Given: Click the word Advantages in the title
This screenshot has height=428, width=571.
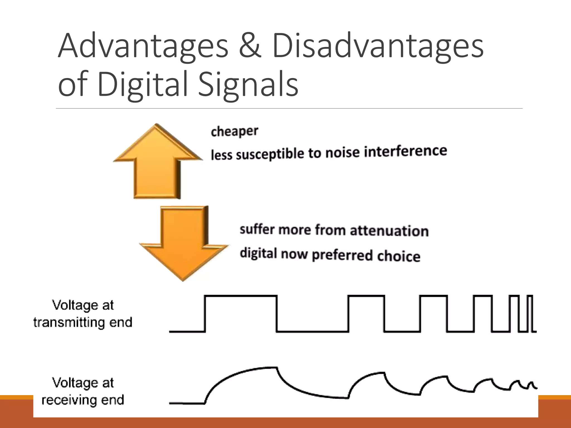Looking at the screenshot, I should [x=143, y=46].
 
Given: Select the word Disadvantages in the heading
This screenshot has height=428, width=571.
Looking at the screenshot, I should [x=378, y=46].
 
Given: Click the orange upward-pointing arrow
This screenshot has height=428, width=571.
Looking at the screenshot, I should [x=157, y=162].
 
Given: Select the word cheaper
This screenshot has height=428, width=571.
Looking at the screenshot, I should [x=234, y=131].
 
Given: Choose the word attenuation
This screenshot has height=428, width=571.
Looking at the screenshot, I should [x=389, y=231].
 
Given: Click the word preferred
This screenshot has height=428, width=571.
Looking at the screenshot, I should [x=342, y=255].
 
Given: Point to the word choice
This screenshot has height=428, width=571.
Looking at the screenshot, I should [x=398, y=256].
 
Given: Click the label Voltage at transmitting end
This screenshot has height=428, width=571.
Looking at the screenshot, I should [x=83, y=314].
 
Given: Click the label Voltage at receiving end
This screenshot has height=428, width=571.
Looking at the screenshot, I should [x=83, y=391].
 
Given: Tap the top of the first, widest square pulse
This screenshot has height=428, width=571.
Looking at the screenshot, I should [x=241, y=296].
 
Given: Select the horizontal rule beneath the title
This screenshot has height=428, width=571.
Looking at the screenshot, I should [x=289, y=108].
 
